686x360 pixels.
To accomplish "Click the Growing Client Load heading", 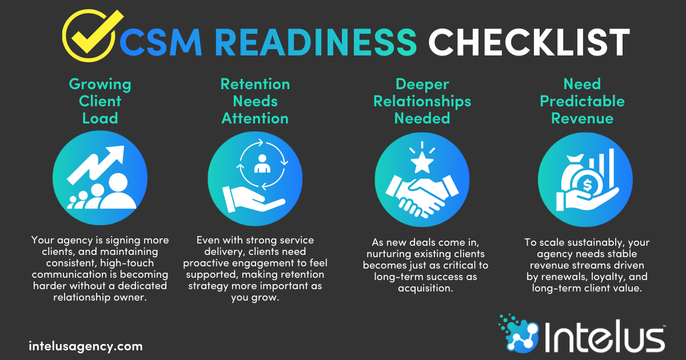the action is (100, 101).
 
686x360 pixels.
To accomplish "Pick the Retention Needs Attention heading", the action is (255, 101).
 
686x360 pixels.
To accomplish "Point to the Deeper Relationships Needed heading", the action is (422, 101).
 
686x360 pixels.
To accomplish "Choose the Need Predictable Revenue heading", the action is (582, 101).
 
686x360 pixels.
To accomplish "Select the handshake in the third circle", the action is (420, 194).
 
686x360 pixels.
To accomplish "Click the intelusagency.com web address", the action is (86, 346).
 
